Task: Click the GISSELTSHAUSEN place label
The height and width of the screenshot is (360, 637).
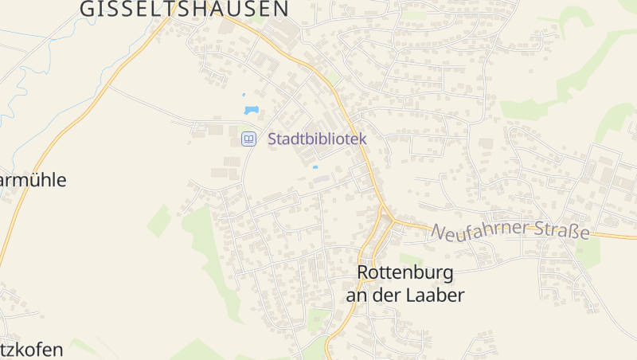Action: pyautogui.click(x=184, y=9)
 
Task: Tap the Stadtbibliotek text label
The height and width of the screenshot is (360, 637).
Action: pyautogui.click(x=317, y=139)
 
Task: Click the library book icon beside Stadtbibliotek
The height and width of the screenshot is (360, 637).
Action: pyautogui.click(x=249, y=139)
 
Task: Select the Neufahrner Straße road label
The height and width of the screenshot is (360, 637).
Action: pyautogui.click(x=510, y=232)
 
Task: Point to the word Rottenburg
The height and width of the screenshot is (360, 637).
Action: pyautogui.click(x=405, y=273)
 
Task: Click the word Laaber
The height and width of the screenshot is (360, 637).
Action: pyautogui.click(x=436, y=295)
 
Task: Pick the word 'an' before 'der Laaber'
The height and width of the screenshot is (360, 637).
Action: pyautogui.click(x=356, y=295)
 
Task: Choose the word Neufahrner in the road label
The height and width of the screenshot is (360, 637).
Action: pyautogui.click(x=482, y=231)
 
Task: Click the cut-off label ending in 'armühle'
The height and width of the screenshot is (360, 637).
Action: pyautogui.click(x=32, y=180)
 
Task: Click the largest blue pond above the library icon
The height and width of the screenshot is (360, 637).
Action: pyautogui.click(x=252, y=109)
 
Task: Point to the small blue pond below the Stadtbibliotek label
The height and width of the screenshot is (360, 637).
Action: pyautogui.click(x=315, y=167)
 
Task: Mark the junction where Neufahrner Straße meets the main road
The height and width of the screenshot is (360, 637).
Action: pyautogui.click(x=390, y=218)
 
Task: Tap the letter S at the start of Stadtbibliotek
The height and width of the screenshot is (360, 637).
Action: pyautogui.click(x=272, y=139)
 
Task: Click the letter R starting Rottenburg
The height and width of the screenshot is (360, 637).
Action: pyautogui.click(x=364, y=273)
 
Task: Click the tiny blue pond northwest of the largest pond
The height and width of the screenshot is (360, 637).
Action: pyautogui.click(x=244, y=95)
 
